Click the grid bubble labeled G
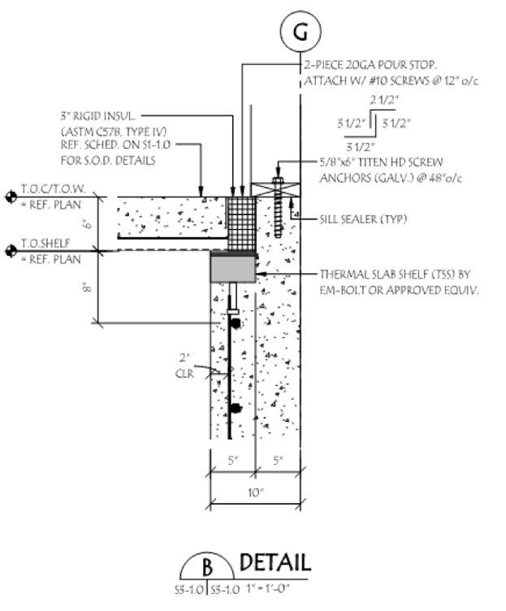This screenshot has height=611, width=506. coord(301,32)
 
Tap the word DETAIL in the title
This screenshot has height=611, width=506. coord(275,562)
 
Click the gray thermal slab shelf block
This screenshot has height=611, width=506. coord(234,267)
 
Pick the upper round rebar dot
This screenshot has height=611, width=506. coord(236,323)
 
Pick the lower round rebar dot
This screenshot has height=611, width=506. coord(236,408)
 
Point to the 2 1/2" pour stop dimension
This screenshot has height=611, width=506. coord(382,99)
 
